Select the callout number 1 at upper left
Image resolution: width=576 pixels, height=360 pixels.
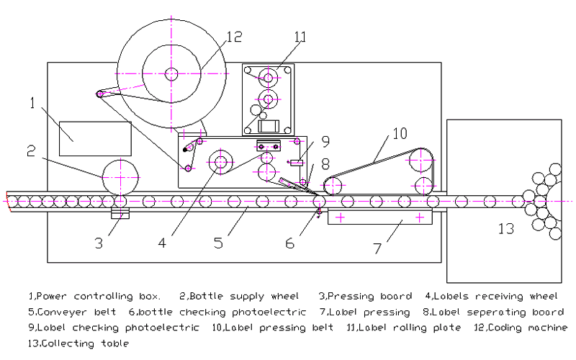click(x=32, y=103)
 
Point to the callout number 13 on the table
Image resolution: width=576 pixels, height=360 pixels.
click(x=507, y=229)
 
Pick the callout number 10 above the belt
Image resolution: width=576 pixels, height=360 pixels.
click(x=400, y=133)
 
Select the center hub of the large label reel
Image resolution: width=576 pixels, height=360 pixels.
click(x=171, y=73)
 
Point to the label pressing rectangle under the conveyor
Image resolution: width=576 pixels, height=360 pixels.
click(x=379, y=217)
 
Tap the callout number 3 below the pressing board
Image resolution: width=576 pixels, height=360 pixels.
click(x=99, y=243)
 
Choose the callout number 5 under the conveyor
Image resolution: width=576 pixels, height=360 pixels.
click(x=217, y=243)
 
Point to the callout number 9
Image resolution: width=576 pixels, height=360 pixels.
click(x=325, y=141)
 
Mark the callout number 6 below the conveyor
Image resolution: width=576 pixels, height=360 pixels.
click(x=289, y=243)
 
